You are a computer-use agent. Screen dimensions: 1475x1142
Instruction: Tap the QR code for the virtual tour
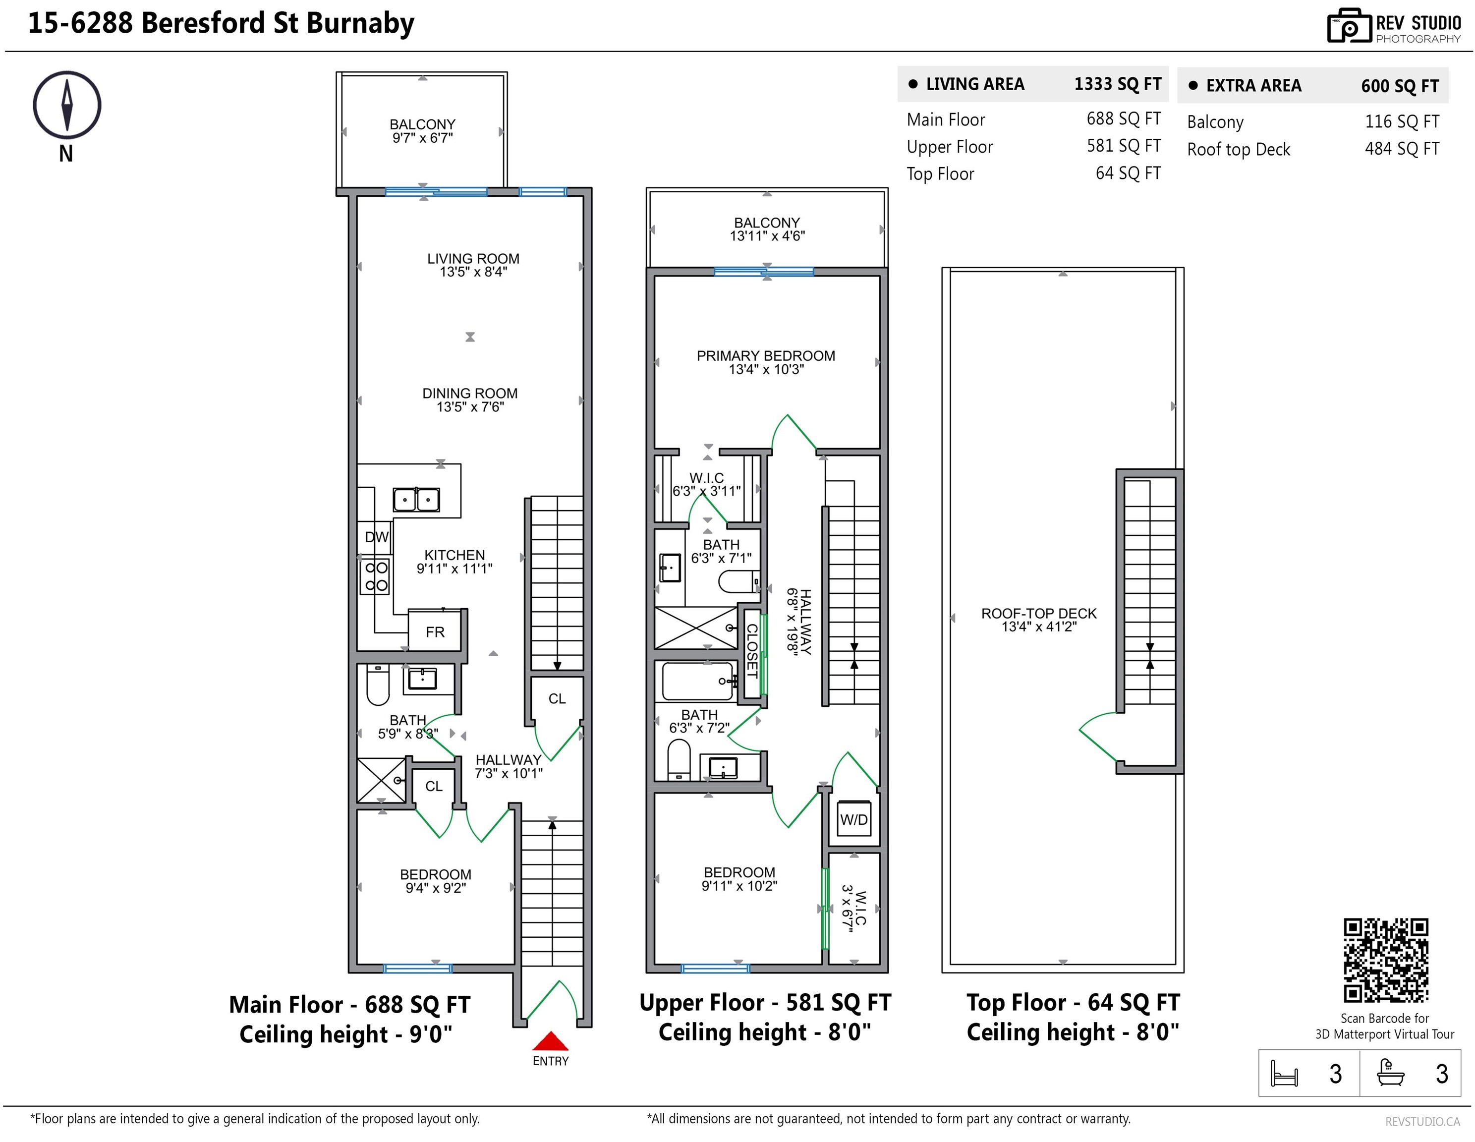coord(1386,960)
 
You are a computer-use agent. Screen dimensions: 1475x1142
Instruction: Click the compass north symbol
coord(67,106)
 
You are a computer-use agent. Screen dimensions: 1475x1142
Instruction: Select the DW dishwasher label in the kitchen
coord(377,537)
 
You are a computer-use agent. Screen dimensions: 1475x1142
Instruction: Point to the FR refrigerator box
coord(436,631)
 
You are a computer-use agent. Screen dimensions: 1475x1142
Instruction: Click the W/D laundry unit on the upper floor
coord(853,819)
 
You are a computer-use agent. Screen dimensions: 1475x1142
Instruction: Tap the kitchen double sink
coord(416,500)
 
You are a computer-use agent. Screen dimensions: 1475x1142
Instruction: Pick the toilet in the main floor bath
coord(378,685)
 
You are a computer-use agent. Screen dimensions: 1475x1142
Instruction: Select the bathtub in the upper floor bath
coord(698,681)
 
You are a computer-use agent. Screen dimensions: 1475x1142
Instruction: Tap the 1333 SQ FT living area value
coord(1118,84)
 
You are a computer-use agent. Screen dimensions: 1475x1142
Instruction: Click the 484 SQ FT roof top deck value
coord(1402,149)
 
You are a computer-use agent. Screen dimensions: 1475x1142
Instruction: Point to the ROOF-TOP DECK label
coord(1039,613)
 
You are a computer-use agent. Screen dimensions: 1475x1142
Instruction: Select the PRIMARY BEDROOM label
coord(766,356)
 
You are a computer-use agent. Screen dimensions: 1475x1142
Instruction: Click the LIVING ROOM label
coord(473,259)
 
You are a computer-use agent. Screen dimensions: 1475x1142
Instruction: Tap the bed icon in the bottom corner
coord(1284,1073)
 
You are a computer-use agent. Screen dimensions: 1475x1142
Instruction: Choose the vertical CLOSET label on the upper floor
coord(752,650)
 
